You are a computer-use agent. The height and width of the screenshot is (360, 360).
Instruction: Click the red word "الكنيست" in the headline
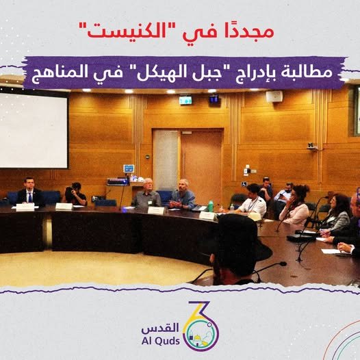point(127,31)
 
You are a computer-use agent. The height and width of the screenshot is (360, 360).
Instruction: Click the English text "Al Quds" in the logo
point(160,341)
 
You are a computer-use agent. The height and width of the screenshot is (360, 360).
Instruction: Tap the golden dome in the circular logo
point(198,338)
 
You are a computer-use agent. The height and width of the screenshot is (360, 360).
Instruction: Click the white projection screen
point(34,131)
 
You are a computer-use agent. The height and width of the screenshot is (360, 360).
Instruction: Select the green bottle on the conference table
point(211,206)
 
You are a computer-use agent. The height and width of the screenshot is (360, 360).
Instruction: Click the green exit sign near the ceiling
point(185,101)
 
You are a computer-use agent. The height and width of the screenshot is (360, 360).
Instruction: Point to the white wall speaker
point(274,97)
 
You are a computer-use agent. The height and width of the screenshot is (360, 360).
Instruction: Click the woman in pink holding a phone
point(294,205)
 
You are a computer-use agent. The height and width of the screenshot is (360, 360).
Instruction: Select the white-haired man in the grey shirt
point(147,193)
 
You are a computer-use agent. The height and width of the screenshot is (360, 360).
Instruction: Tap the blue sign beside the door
point(129,168)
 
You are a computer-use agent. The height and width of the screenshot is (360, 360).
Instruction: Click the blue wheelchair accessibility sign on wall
point(244,184)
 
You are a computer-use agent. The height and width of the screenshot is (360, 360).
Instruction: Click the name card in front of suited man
point(25,207)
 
